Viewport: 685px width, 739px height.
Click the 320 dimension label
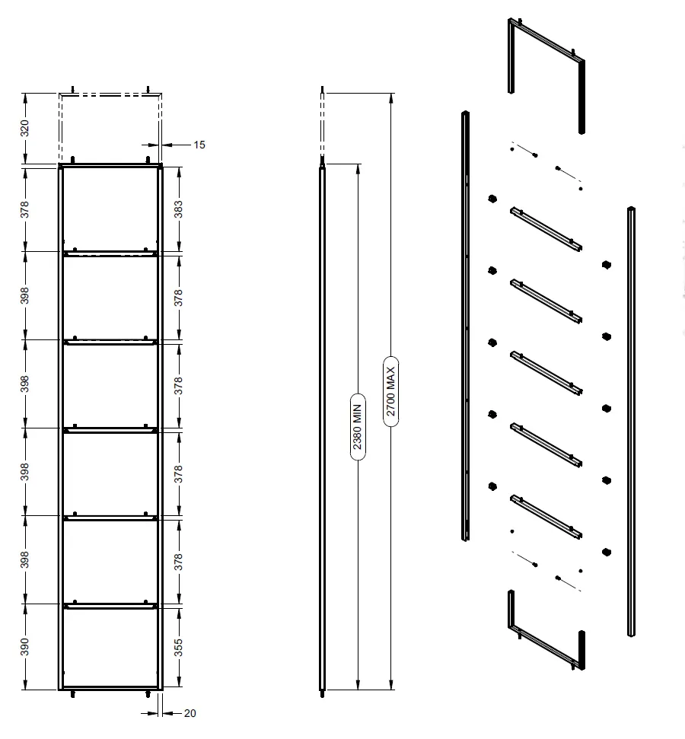(x=24, y=128)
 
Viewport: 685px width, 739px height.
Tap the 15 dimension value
(x=199, y=145)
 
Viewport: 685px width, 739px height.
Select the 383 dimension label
(x=178, y=209)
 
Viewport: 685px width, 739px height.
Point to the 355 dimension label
(x=178, y=648)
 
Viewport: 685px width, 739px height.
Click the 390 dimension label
(x=24, y=647)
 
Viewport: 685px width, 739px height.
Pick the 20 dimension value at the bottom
(x=190, y=713)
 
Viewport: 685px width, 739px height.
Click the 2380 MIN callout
(x=358, y=426)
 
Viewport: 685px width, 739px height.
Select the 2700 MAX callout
(x=390, y=391)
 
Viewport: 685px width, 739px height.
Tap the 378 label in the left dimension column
(x=24, y=209)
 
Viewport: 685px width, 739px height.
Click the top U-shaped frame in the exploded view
(x=546, y=41)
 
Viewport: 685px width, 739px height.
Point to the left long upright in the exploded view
(x=465, y=326)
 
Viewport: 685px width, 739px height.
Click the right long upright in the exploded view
(x=631, y=422)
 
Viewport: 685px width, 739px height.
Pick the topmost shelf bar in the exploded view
(x=546, y=229)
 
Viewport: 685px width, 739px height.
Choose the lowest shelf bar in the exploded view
(x=546, y=517)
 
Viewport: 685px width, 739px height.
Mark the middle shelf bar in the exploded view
(x=546, y=373)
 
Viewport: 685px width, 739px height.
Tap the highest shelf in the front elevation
(x=110, y=253)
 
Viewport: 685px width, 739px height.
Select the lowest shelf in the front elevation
(x=110, y=606)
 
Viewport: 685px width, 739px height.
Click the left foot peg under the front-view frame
(x=72, y=694)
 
